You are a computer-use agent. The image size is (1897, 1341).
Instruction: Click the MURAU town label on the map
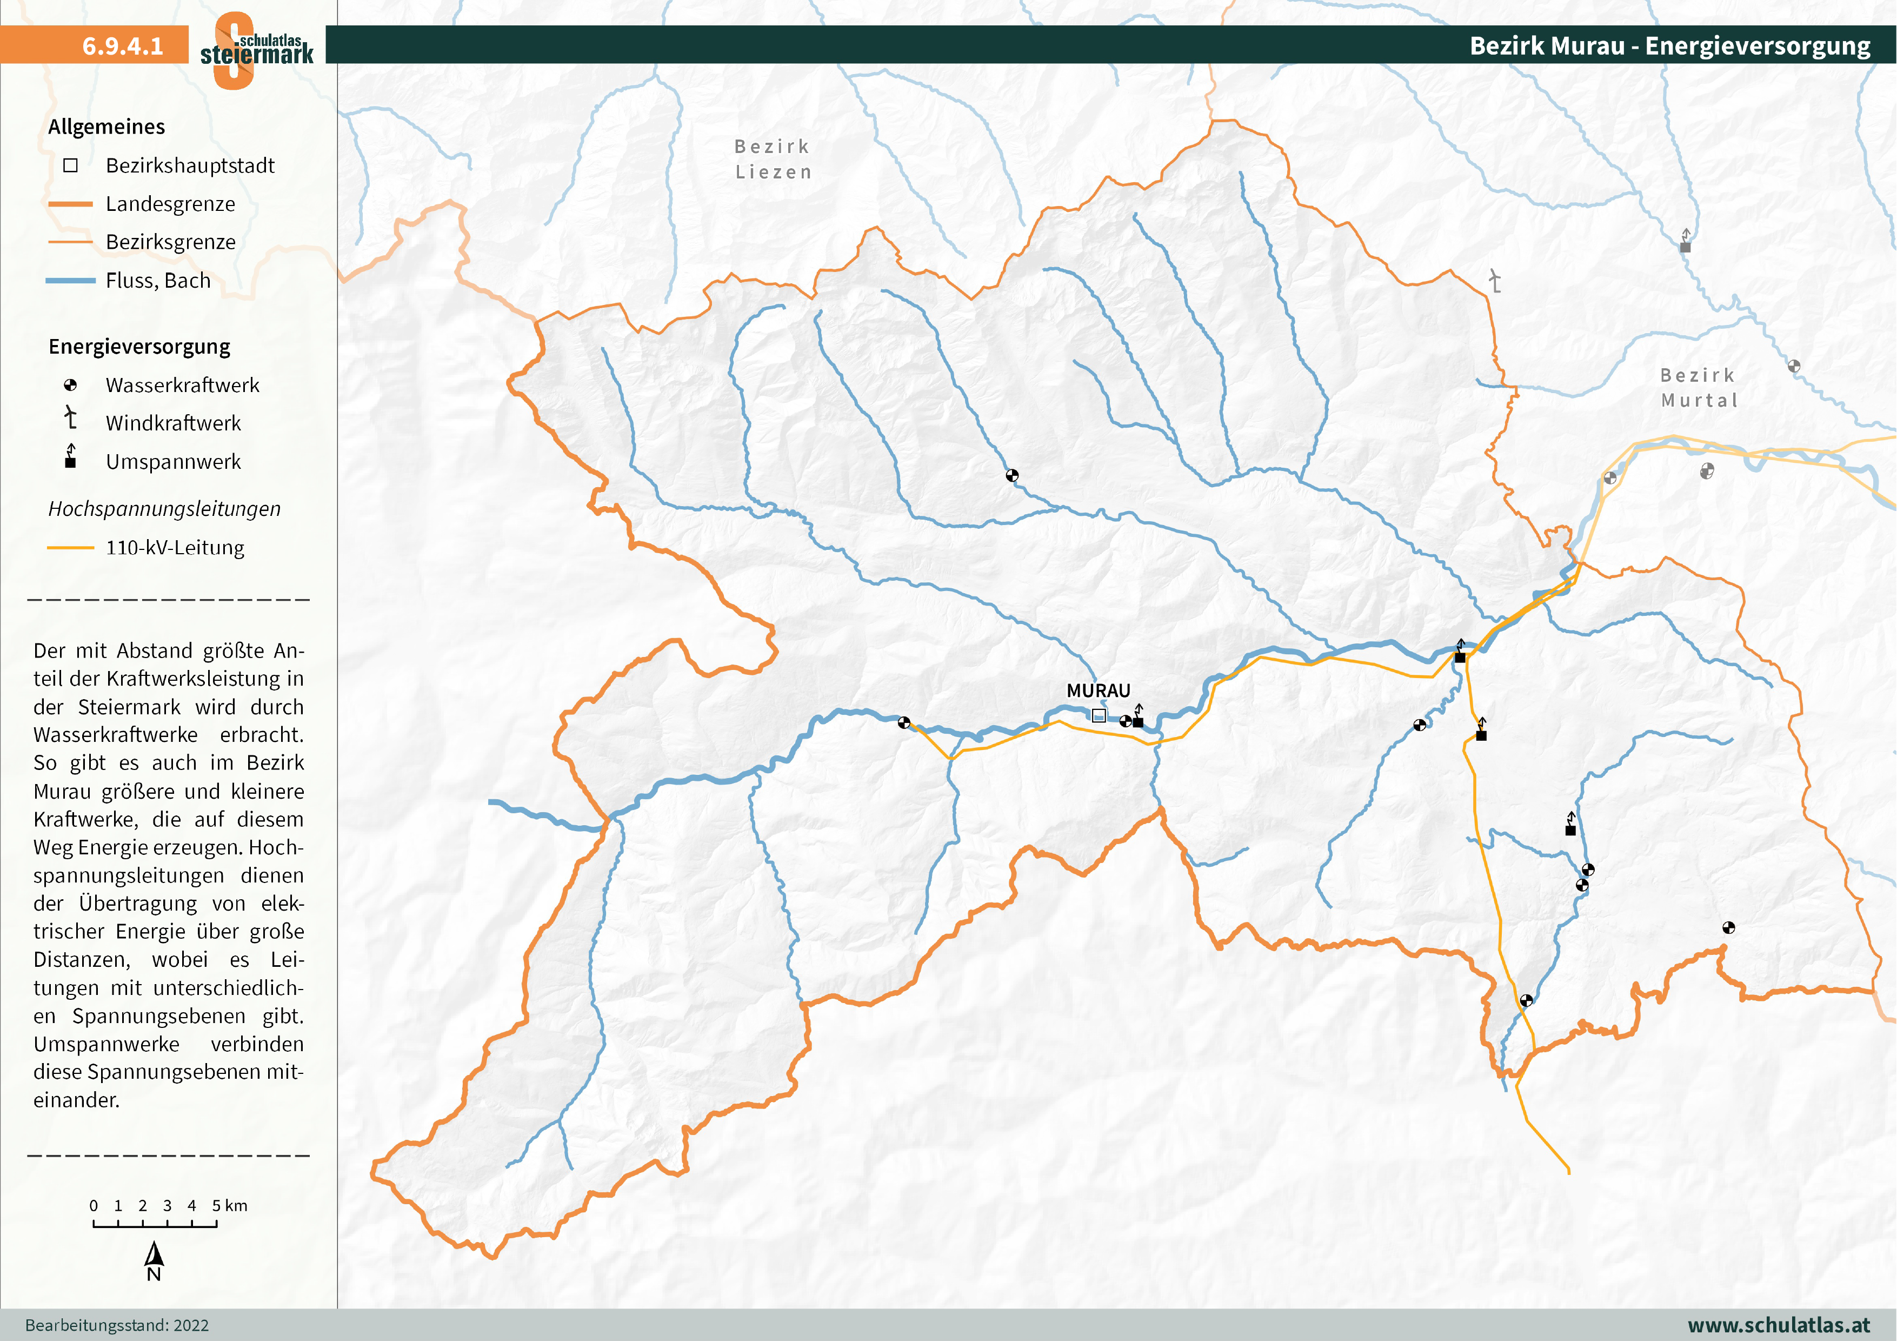click(x=1097, y=691)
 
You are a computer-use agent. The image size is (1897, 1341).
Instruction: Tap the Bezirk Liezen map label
click(x=773, y=158)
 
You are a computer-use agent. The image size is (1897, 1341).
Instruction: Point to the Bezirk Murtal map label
click(x=1699, y=388)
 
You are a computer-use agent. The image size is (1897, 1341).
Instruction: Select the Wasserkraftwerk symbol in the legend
click(x=70, y=385)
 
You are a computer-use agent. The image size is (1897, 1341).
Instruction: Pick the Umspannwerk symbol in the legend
click(x=70, y=457)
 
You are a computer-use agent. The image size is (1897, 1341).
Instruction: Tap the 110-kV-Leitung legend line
click(x=70, y=548)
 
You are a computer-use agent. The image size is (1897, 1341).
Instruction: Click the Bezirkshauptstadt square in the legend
click(x=70, y=165)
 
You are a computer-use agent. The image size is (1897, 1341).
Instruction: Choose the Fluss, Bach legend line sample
click(x=70, y=281)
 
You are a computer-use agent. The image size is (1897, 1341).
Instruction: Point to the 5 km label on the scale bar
click(x=229, y=1205)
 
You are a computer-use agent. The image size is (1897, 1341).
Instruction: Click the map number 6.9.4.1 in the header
click(x=122, y=45)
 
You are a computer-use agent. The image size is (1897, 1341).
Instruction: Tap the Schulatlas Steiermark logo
click(x=256, y=50)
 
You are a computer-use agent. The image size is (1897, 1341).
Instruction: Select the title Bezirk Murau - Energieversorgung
click(x=1669, y=45)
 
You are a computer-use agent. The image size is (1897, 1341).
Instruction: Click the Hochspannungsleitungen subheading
click(x=164, y=509)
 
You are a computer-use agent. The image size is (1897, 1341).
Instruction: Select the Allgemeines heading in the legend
click(x=107, y=127)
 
